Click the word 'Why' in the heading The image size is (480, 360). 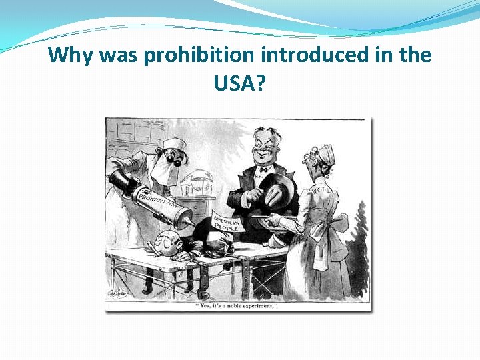tap(71, 55)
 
